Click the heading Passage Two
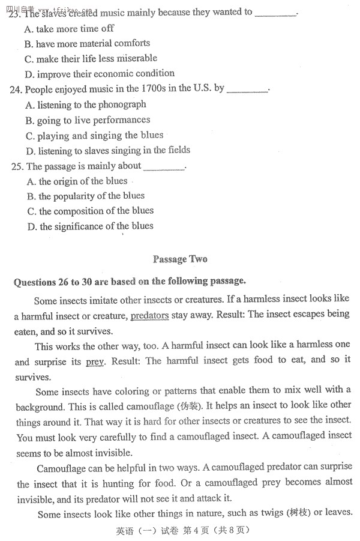click(x=180, y=259)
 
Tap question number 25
click(x=18, y=166)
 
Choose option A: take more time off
click(x=69, y=29)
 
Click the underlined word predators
click(x=149, y=315)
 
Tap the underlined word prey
click(x=95, y=361)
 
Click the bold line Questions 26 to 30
click(x=129, y=281)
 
